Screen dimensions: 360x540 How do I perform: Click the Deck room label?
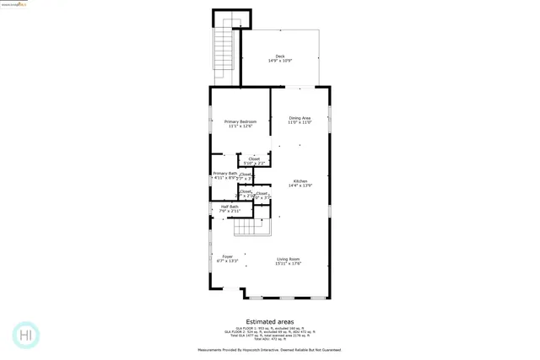(x=280, y=56)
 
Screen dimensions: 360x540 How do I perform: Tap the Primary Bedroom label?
(x=240, y=121)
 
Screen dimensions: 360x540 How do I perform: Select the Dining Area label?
(x=300, y=118)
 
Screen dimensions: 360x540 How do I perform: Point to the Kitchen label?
(x=300, y=181)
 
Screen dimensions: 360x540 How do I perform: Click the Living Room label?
(x=288, y=259)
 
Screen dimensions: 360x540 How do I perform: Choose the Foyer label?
(x=227, y=256)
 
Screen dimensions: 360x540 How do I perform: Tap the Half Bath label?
(x=229, y=207)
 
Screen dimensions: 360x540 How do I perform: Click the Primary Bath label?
(x=224, y=174)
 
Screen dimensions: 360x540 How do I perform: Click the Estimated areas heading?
(x=269, y=321)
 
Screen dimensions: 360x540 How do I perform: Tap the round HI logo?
(x=26, y=335)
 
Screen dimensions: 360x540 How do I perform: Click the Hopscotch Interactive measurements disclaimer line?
(x=269, y=349)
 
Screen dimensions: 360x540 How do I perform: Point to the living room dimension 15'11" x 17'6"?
(x=288, y=264)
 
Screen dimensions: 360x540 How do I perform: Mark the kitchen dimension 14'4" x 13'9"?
(x=300, y=186)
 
